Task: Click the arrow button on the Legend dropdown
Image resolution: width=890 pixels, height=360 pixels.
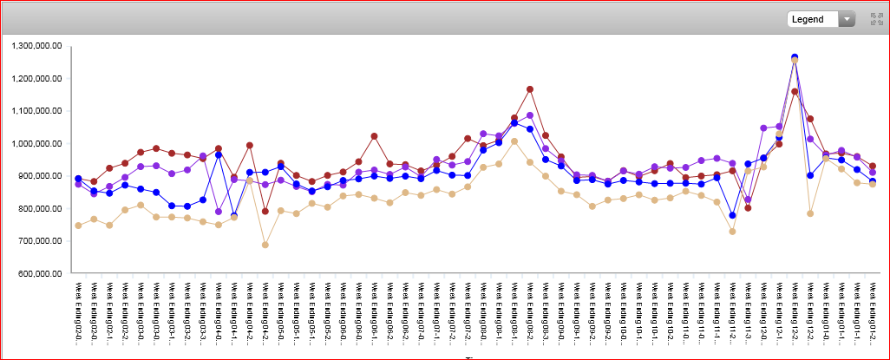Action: pyautogui.click(x=846, y=19)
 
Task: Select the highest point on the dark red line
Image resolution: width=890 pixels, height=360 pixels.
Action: pyautogui.click(x=530, y=89)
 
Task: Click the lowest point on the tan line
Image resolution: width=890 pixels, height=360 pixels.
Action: pyautogui.click(x=265, y=245)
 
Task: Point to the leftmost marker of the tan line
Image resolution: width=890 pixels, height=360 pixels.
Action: pyautogui.click(x=78, y=225)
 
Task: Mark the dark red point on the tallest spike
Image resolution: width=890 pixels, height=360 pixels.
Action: pyautogui.click(x=795, y=91)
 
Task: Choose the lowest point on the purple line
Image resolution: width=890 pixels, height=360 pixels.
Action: pyautogui.click(x=219, y=212)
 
